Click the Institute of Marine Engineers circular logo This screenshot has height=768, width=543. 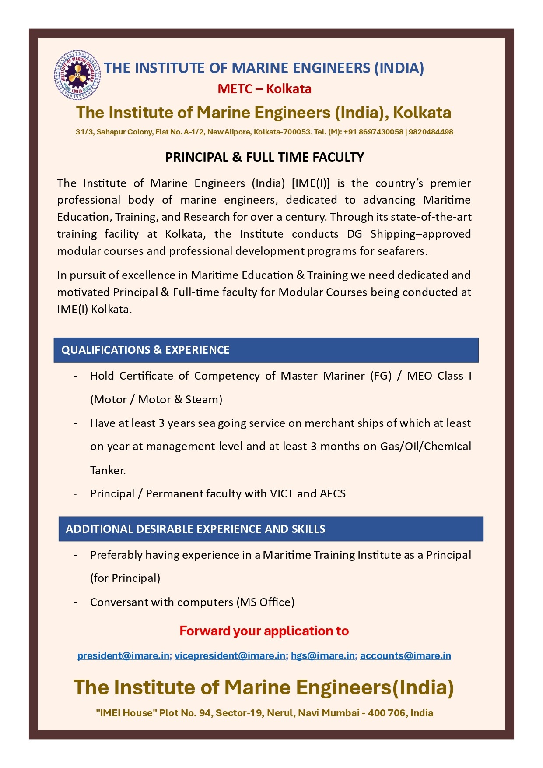(x=77, y=75)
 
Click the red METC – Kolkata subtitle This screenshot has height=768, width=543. (x=264, y=89)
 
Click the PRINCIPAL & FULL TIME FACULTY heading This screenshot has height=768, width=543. (x=264, y=157)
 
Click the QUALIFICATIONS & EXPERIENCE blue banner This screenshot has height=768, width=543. (x=266, y=350)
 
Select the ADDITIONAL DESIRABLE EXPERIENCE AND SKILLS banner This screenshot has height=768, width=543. (x=270, y=529)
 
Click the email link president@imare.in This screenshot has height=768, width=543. (x=124, y=655)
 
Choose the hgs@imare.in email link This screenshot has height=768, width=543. (x=323, y=655)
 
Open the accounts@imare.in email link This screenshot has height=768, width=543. (x=405, y=655)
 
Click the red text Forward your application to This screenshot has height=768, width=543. (x=264, y=631)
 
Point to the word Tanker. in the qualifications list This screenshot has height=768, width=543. (x=108, y=470)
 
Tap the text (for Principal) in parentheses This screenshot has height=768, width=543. (x=125, y=578)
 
